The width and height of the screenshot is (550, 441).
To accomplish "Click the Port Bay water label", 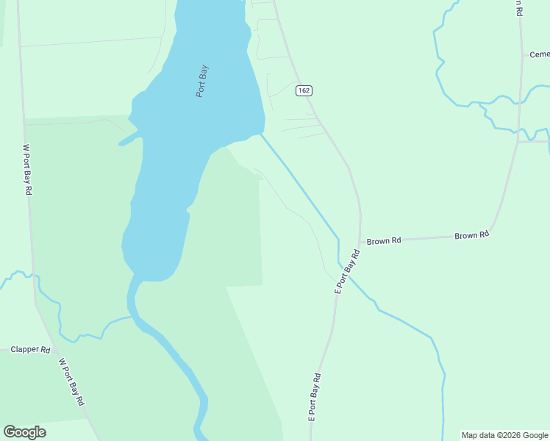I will point(202,81).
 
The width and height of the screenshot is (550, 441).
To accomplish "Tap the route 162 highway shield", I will point(304,90).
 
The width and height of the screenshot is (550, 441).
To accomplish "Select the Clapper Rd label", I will point(30,350).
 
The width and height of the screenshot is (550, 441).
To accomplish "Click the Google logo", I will point(24,432).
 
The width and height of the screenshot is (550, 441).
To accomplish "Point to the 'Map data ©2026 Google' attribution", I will point(504,435).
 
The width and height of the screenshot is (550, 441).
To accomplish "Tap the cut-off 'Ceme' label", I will point(539,54).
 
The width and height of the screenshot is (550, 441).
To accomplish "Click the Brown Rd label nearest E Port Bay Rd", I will point(384,240).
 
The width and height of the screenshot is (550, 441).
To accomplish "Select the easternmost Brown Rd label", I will point(471,235).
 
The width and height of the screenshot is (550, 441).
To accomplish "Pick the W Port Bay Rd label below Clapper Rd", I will point(72,382).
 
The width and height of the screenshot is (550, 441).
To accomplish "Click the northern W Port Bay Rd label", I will point(27,169).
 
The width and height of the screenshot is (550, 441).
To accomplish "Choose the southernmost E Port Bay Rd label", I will point(315,395).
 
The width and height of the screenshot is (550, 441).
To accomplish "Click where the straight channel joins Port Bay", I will point(260,134).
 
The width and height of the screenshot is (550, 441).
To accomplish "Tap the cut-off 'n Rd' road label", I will point(518,8).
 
